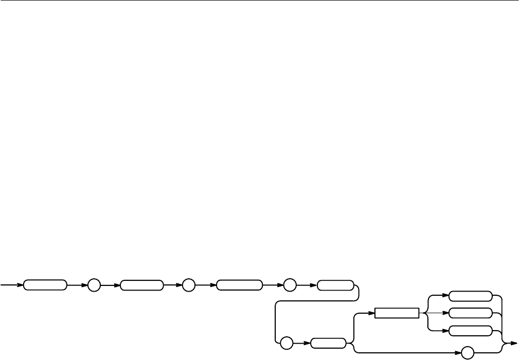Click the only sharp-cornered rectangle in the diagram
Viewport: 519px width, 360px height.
click(x=397, y=313)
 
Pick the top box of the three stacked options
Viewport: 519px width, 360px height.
click(x=470, y=296)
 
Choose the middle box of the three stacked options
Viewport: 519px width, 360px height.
click(x=470, y=313)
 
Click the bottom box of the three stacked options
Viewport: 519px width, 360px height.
click(x=470, y=330)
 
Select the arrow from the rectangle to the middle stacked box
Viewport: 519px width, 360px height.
click(x=434, y=313)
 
